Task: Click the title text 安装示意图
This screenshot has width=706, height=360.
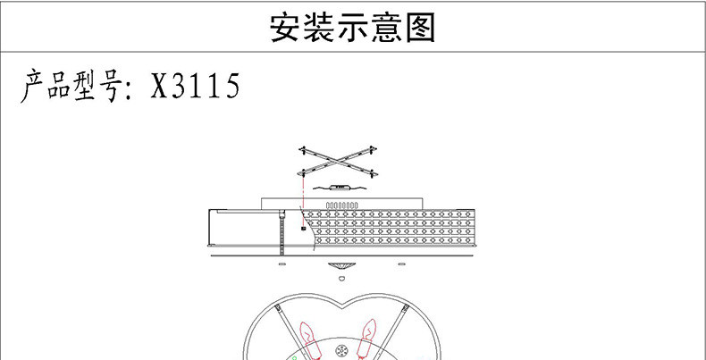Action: coord(352,28)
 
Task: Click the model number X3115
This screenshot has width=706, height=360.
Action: coord(195,88)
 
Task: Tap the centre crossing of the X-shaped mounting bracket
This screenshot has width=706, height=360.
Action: coord(339,161)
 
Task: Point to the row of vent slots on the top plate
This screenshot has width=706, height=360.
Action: coord(341,205)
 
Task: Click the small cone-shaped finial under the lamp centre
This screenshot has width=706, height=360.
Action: coord(340,268)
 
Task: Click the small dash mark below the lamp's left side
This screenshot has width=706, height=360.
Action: coord(282,265)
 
